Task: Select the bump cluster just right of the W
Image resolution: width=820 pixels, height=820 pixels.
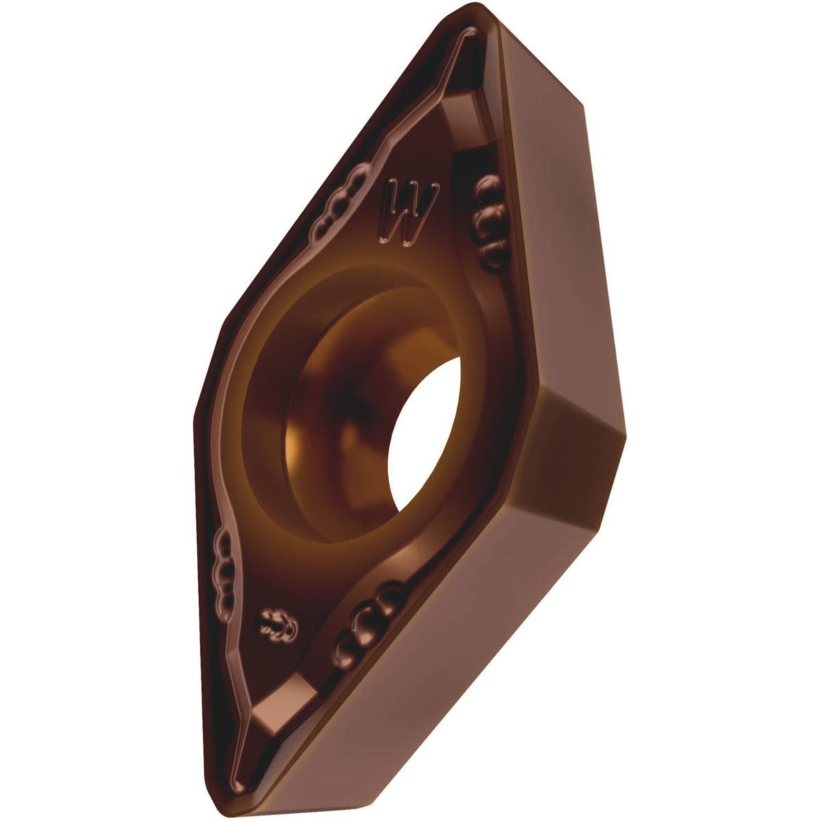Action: tap(489, 219)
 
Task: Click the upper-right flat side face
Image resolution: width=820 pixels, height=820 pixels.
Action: tap(540, 225)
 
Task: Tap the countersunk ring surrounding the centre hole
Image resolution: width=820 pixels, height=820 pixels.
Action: tap(273, 383)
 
